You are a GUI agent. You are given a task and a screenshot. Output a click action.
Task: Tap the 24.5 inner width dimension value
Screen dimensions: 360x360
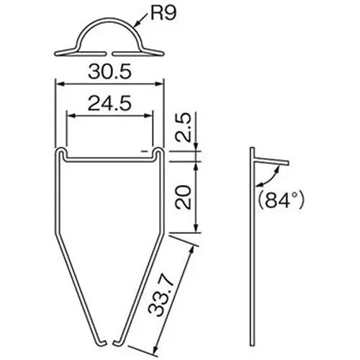[x=109, y=104]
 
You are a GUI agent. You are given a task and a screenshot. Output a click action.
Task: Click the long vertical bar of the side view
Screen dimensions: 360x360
[x=251, y=252]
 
